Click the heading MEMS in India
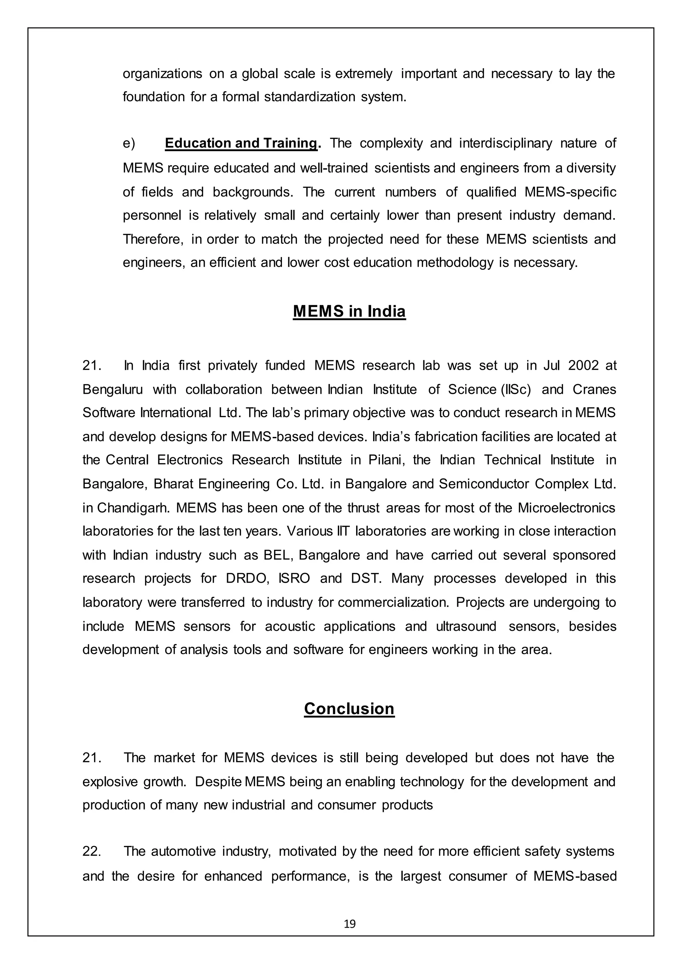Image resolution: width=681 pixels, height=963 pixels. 349,312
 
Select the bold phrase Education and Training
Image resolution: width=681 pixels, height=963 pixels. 241,143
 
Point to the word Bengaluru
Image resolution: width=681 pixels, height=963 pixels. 112,390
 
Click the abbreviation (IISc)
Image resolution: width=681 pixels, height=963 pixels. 515,390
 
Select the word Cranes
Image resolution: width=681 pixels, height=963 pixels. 594,390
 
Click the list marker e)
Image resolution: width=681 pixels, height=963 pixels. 129,143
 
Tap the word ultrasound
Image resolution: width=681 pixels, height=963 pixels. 466,626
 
